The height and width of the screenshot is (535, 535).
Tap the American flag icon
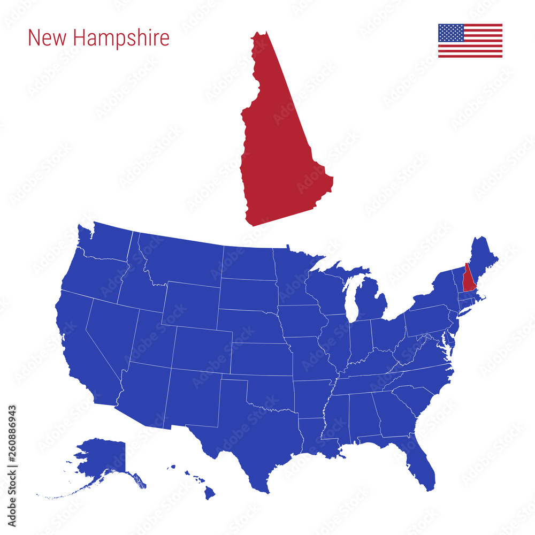[470, 41]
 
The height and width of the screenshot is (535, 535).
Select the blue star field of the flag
[451, 33]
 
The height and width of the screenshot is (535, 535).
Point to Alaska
[104, 457]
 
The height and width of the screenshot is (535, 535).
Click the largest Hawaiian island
[209, 493]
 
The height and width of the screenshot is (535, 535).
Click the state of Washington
[104, 243]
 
